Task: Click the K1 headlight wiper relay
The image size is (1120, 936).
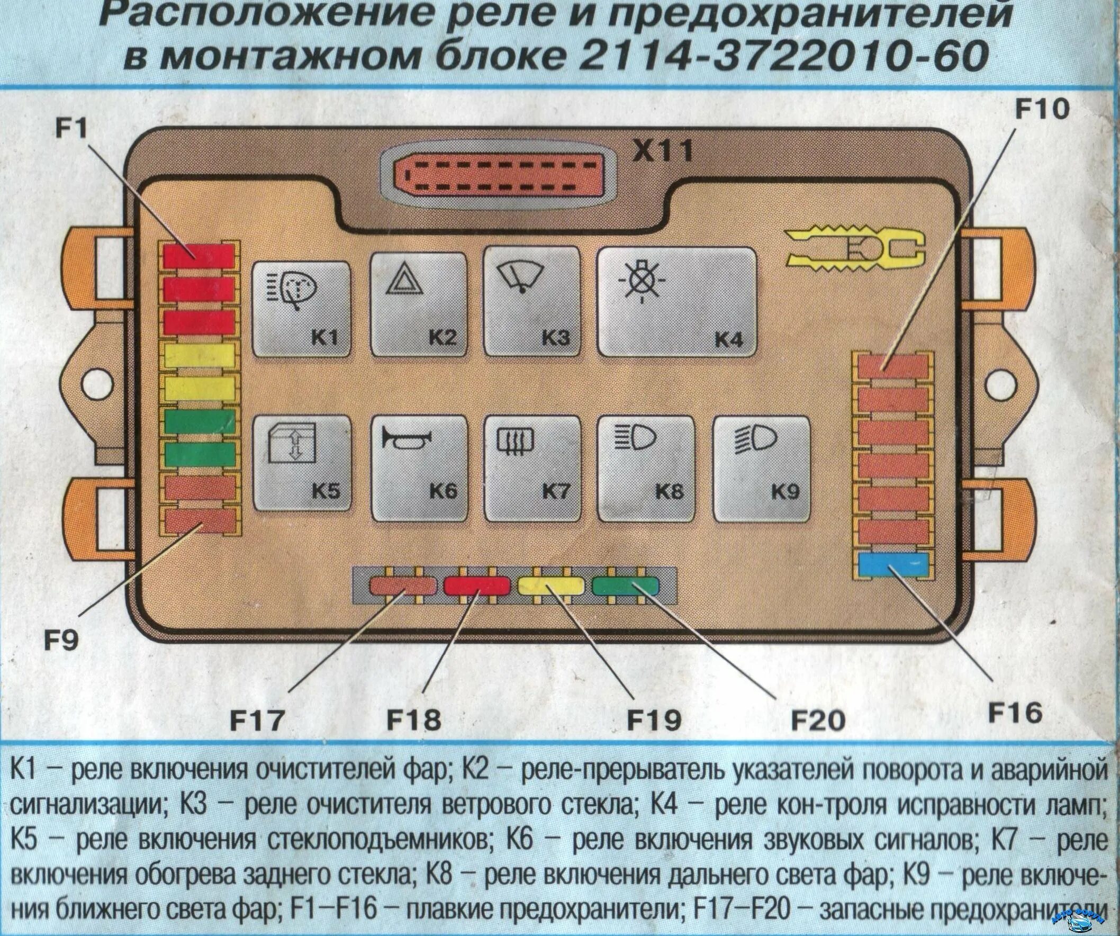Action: click(301, 309)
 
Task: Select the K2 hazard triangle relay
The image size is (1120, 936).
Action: click(419, 304)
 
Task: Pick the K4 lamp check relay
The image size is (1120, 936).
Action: click(676, 302)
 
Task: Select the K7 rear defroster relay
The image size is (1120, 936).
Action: click(532, 469)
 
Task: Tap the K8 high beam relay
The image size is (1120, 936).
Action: click(646, 469)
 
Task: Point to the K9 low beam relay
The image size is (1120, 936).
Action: click(762, 469)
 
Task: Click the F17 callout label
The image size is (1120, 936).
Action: click(257, 721)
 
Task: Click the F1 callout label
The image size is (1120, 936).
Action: click(71, 130)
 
